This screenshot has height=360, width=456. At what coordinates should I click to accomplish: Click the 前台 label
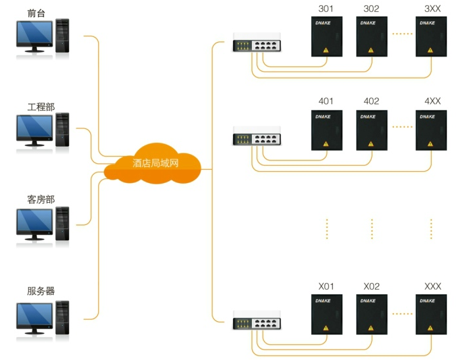(x=38, y=13)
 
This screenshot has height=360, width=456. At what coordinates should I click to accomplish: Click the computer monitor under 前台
(x=34, y=36)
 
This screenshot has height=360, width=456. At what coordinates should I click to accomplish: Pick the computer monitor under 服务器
(x=34, y=317)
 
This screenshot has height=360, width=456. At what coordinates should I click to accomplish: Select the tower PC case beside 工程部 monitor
(x=62, y=129)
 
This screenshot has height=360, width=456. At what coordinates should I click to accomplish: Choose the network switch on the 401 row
(x=257, y=139)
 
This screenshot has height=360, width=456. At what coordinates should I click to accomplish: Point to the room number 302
(x=372, y=9)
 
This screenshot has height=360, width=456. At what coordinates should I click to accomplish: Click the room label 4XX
(x=432, y=101)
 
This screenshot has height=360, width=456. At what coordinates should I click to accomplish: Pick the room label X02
(x=372, y=286)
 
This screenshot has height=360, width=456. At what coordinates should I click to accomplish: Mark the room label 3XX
(x=432, y=9)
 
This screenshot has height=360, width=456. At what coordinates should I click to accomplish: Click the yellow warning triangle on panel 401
(x=326, y=143)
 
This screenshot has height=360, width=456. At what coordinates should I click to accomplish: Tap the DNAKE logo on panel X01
(x=326, y=301)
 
